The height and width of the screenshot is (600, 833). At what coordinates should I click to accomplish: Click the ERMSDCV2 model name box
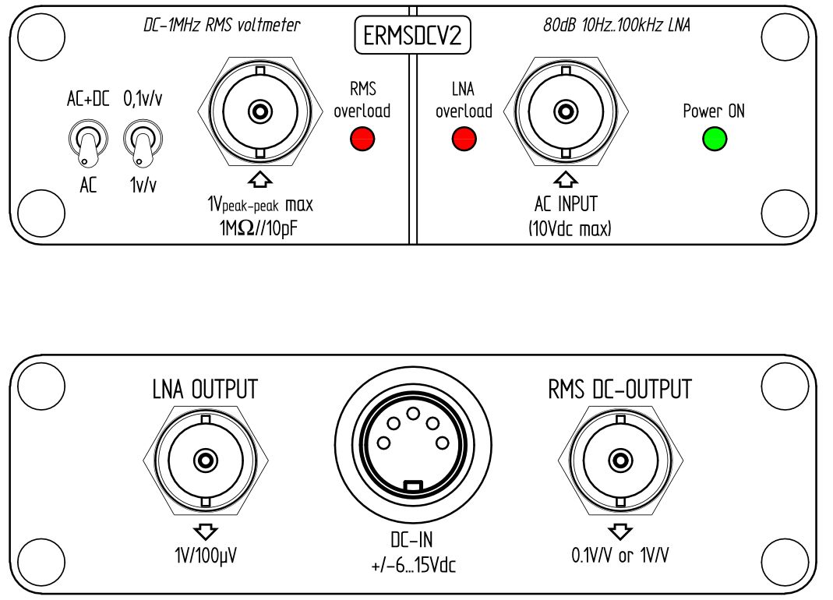click(x=413, y=37)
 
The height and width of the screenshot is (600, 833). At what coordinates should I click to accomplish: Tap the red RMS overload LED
click(x=362, y=139)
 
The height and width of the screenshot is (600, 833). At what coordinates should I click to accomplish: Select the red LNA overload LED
click(x=464, y=139)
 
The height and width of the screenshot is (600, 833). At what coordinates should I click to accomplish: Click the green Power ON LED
click(x=714, y=139)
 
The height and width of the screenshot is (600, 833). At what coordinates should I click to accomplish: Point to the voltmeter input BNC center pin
click(x=260, y=111)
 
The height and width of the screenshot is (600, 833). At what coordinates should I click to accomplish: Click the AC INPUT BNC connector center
click(x=565, y=111)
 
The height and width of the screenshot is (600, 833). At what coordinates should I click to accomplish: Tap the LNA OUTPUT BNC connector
click(x=205, y=461)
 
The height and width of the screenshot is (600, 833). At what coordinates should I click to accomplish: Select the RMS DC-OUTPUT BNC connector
click(x=619, y=461)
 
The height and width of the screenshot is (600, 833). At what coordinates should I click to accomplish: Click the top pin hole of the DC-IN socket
click(x=414, y=413)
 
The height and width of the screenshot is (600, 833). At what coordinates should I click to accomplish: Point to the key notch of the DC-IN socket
click(x=414, y=486)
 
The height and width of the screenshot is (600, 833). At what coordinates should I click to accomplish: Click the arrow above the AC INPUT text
click(x=565, y=180)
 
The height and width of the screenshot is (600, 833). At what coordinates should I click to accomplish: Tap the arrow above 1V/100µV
click(x=205, y=531)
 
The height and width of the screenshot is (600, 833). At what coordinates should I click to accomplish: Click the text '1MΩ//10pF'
click(x=259, y=231)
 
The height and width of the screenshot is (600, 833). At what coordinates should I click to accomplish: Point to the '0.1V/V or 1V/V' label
click(x=620, y=556)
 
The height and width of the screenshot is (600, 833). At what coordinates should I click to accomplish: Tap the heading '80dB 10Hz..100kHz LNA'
click(x=616, y=26)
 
